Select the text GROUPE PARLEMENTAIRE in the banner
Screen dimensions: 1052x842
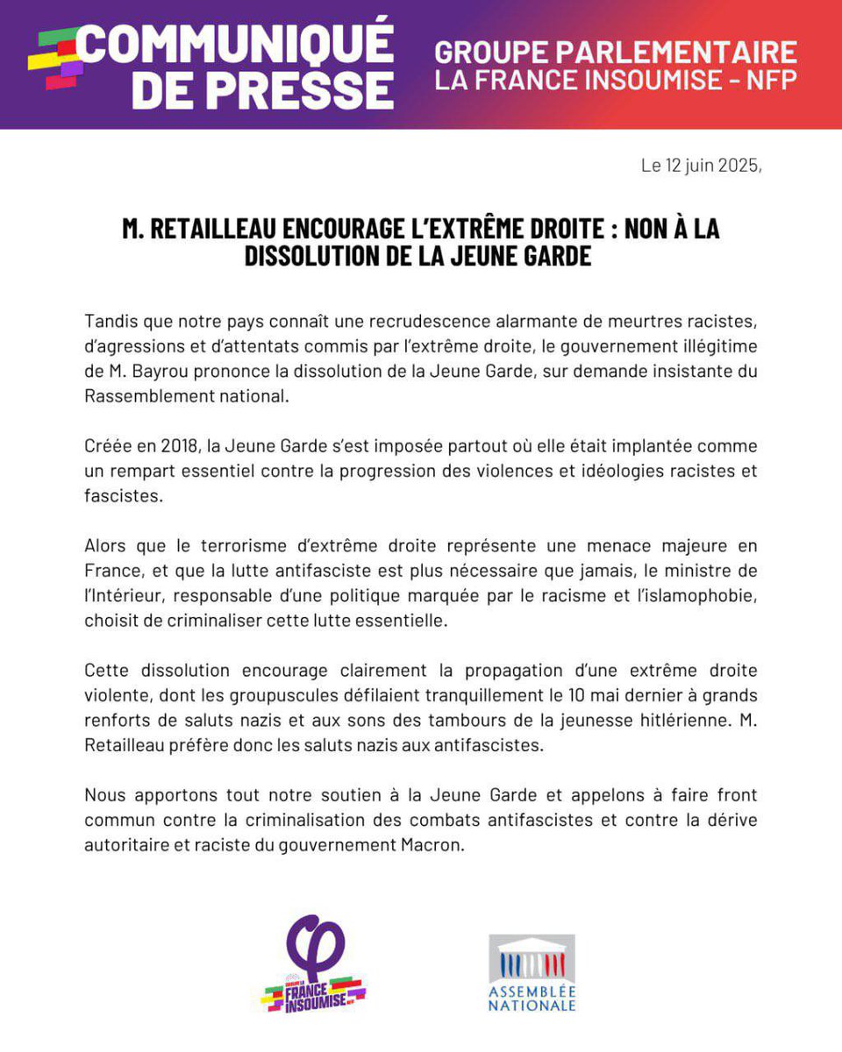[616, 52]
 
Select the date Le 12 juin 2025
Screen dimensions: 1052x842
[701, 166]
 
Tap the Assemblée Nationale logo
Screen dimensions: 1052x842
[532, 972]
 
